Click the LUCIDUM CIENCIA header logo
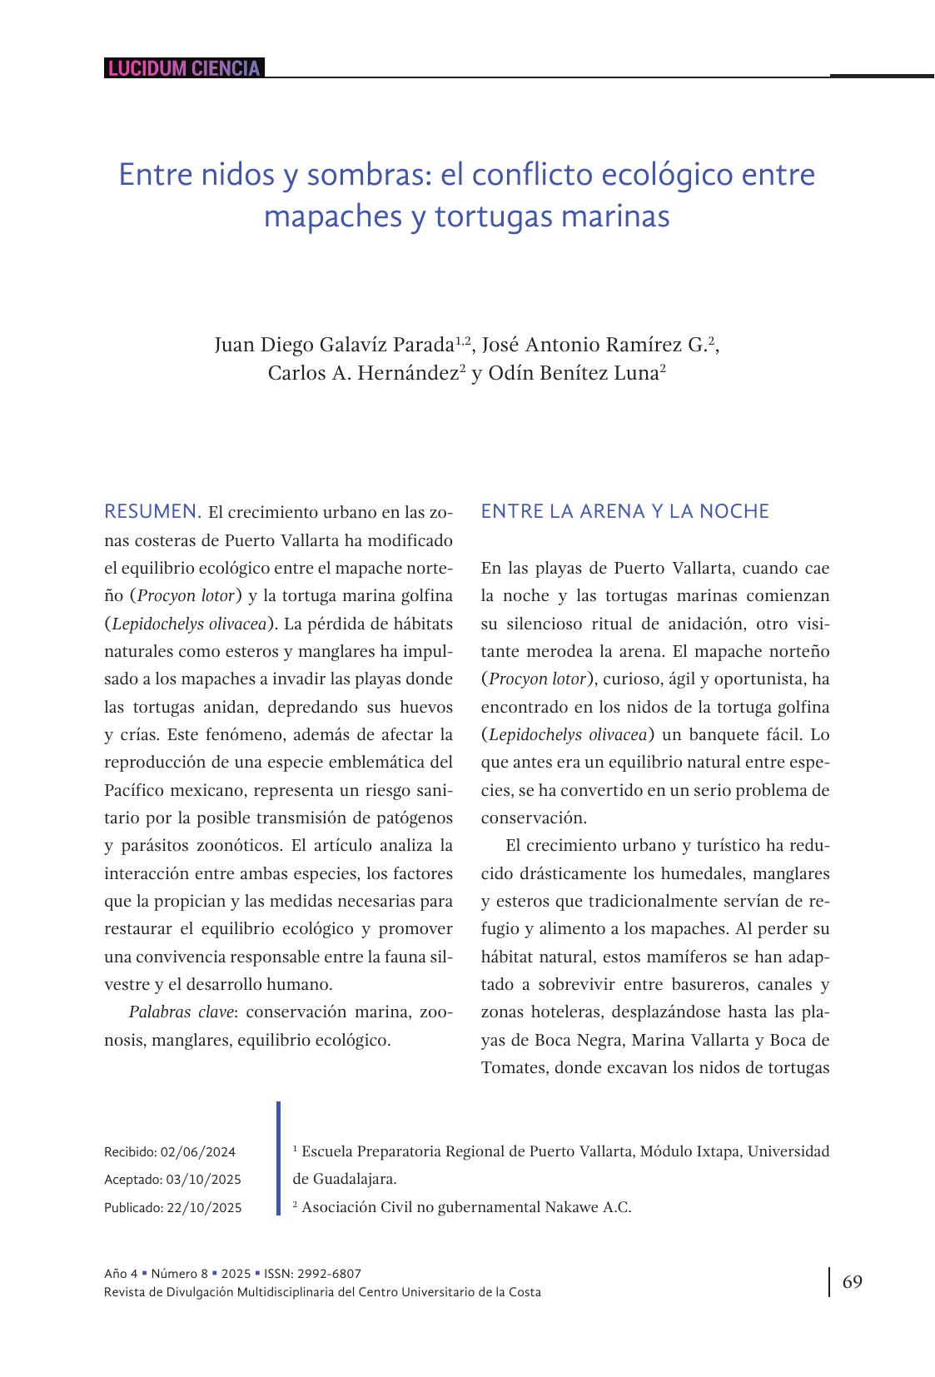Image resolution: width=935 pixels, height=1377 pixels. click(x=184, y=68)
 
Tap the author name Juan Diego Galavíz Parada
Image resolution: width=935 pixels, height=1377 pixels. click(x=334, y=345)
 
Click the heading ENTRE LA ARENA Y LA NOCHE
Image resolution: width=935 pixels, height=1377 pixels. click(x=624, y=511)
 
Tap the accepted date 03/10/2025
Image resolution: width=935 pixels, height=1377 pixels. click(x=203, y=1180)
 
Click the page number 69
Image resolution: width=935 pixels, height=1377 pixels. click(x=853, y=1282)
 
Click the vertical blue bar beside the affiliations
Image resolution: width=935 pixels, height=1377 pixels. click(x=279, y=1158)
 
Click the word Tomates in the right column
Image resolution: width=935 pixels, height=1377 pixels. click(x=513, y=1068)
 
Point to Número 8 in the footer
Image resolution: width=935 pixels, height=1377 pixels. click(x=180, y=1274)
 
